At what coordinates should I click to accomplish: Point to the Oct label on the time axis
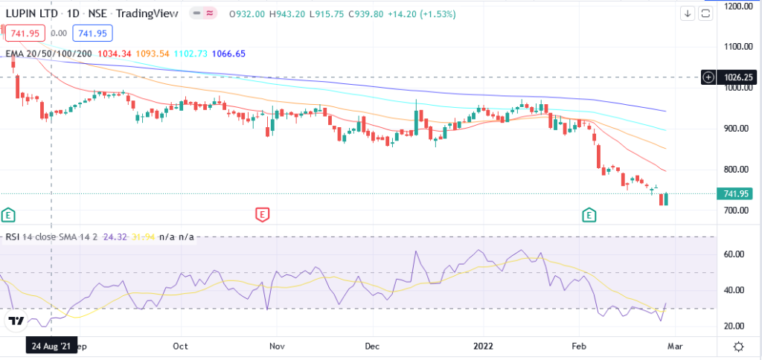point(179,346)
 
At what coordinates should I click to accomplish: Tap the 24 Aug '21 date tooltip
point(51,346)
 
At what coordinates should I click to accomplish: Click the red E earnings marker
point(262,215)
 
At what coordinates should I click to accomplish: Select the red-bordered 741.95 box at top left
point(25,33)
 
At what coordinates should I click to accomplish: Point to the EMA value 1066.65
point(228,54)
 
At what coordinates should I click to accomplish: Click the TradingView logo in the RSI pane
point(15,321)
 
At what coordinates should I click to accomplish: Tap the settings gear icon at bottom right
point(738,347)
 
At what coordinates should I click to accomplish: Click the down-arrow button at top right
point(687,13)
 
